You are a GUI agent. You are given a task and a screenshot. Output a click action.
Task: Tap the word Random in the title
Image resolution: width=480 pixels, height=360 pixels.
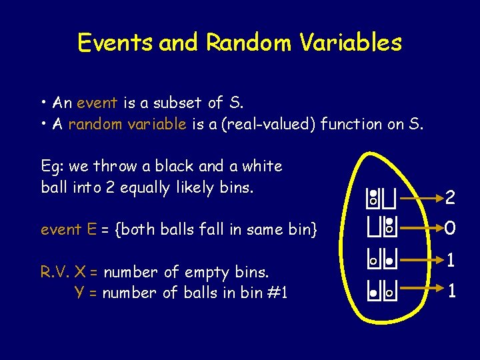(248, 43)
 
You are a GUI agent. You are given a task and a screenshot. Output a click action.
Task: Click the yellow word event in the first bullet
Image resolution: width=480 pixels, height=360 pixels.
(97, 103)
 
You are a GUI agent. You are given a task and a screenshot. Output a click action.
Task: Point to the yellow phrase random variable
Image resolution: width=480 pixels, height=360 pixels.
(127, 124)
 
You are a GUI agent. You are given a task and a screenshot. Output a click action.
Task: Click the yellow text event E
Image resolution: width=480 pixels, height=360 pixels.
(69, 229)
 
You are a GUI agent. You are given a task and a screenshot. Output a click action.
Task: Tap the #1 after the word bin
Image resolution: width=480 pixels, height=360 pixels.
(275, 293)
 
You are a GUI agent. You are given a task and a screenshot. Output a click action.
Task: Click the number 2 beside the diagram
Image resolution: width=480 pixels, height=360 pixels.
(451, 197)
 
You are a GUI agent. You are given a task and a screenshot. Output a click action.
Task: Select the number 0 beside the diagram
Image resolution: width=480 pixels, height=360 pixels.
(451, 229)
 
